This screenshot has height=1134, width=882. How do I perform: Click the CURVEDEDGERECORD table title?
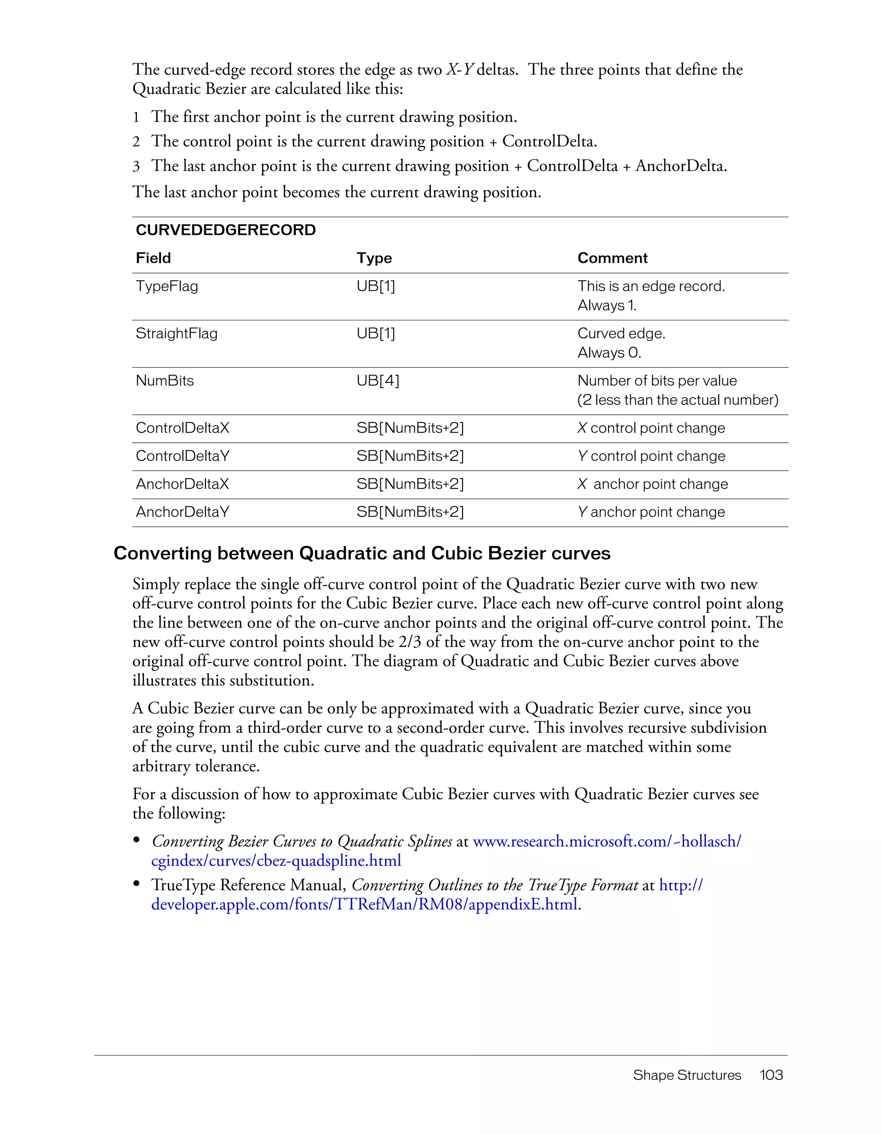click(225, 230)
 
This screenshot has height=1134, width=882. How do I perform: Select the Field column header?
click(153, 258)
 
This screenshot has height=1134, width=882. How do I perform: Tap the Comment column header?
click(612, 258)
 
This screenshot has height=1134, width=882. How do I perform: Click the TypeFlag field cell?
click(167, 286)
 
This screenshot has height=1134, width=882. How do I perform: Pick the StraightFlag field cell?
click(177, 333)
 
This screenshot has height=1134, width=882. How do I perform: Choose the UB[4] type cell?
click(377, 381)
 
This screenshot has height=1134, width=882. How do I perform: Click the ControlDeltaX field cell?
click(182, 428)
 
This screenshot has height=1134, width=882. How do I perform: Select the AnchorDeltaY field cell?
click(182, 512)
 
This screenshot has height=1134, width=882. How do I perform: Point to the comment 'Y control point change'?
click(651, 456)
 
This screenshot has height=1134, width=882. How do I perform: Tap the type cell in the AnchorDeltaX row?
click(410, 484)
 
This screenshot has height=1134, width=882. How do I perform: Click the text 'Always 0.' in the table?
click(609, 353)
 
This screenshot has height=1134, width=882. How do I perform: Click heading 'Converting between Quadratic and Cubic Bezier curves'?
click(362, 553)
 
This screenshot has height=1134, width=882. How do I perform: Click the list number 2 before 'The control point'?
click(136, 142)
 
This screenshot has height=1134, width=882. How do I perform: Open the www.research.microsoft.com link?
click(606, 841)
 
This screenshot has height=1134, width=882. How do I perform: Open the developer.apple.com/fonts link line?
click(364, 904)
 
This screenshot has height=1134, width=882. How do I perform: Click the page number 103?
click(771, 1075)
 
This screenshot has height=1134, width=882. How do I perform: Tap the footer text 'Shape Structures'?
click(686, 1075)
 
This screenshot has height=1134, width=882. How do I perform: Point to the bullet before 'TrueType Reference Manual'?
click(137, 884)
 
